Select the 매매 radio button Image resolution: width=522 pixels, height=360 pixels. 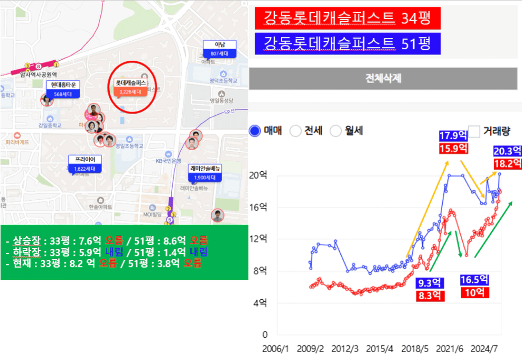(255, 131)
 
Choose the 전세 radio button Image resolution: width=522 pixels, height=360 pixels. (296, 131)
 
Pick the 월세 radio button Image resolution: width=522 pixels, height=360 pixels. (336, 131)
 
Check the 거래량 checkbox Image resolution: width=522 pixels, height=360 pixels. (474, 131)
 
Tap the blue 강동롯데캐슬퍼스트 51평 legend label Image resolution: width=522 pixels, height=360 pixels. (348, 43)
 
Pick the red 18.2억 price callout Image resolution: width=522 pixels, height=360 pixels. (508, 163)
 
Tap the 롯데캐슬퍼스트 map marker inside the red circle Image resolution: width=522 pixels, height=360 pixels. (130, 87)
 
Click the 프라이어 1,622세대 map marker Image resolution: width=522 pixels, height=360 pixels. (85, 164)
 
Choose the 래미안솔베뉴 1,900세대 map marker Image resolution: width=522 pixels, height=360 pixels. (205, 173)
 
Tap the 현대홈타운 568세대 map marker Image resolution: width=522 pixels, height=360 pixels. (62, 89)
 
